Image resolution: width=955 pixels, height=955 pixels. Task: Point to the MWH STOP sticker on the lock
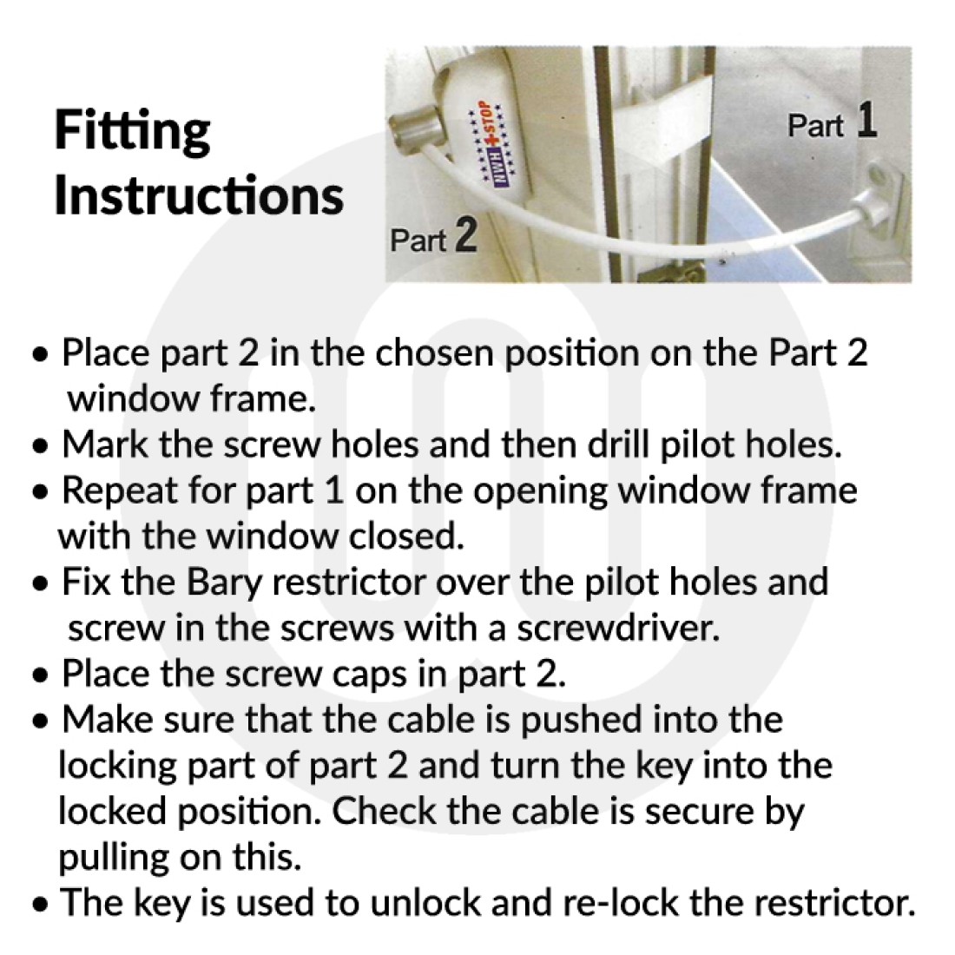492,144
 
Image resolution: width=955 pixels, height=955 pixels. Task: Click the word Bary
224,583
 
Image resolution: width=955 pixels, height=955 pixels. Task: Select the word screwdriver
618,628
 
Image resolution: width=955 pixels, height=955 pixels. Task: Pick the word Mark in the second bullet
105,444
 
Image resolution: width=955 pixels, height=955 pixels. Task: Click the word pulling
113,858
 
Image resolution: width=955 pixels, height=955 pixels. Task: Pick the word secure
699,812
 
